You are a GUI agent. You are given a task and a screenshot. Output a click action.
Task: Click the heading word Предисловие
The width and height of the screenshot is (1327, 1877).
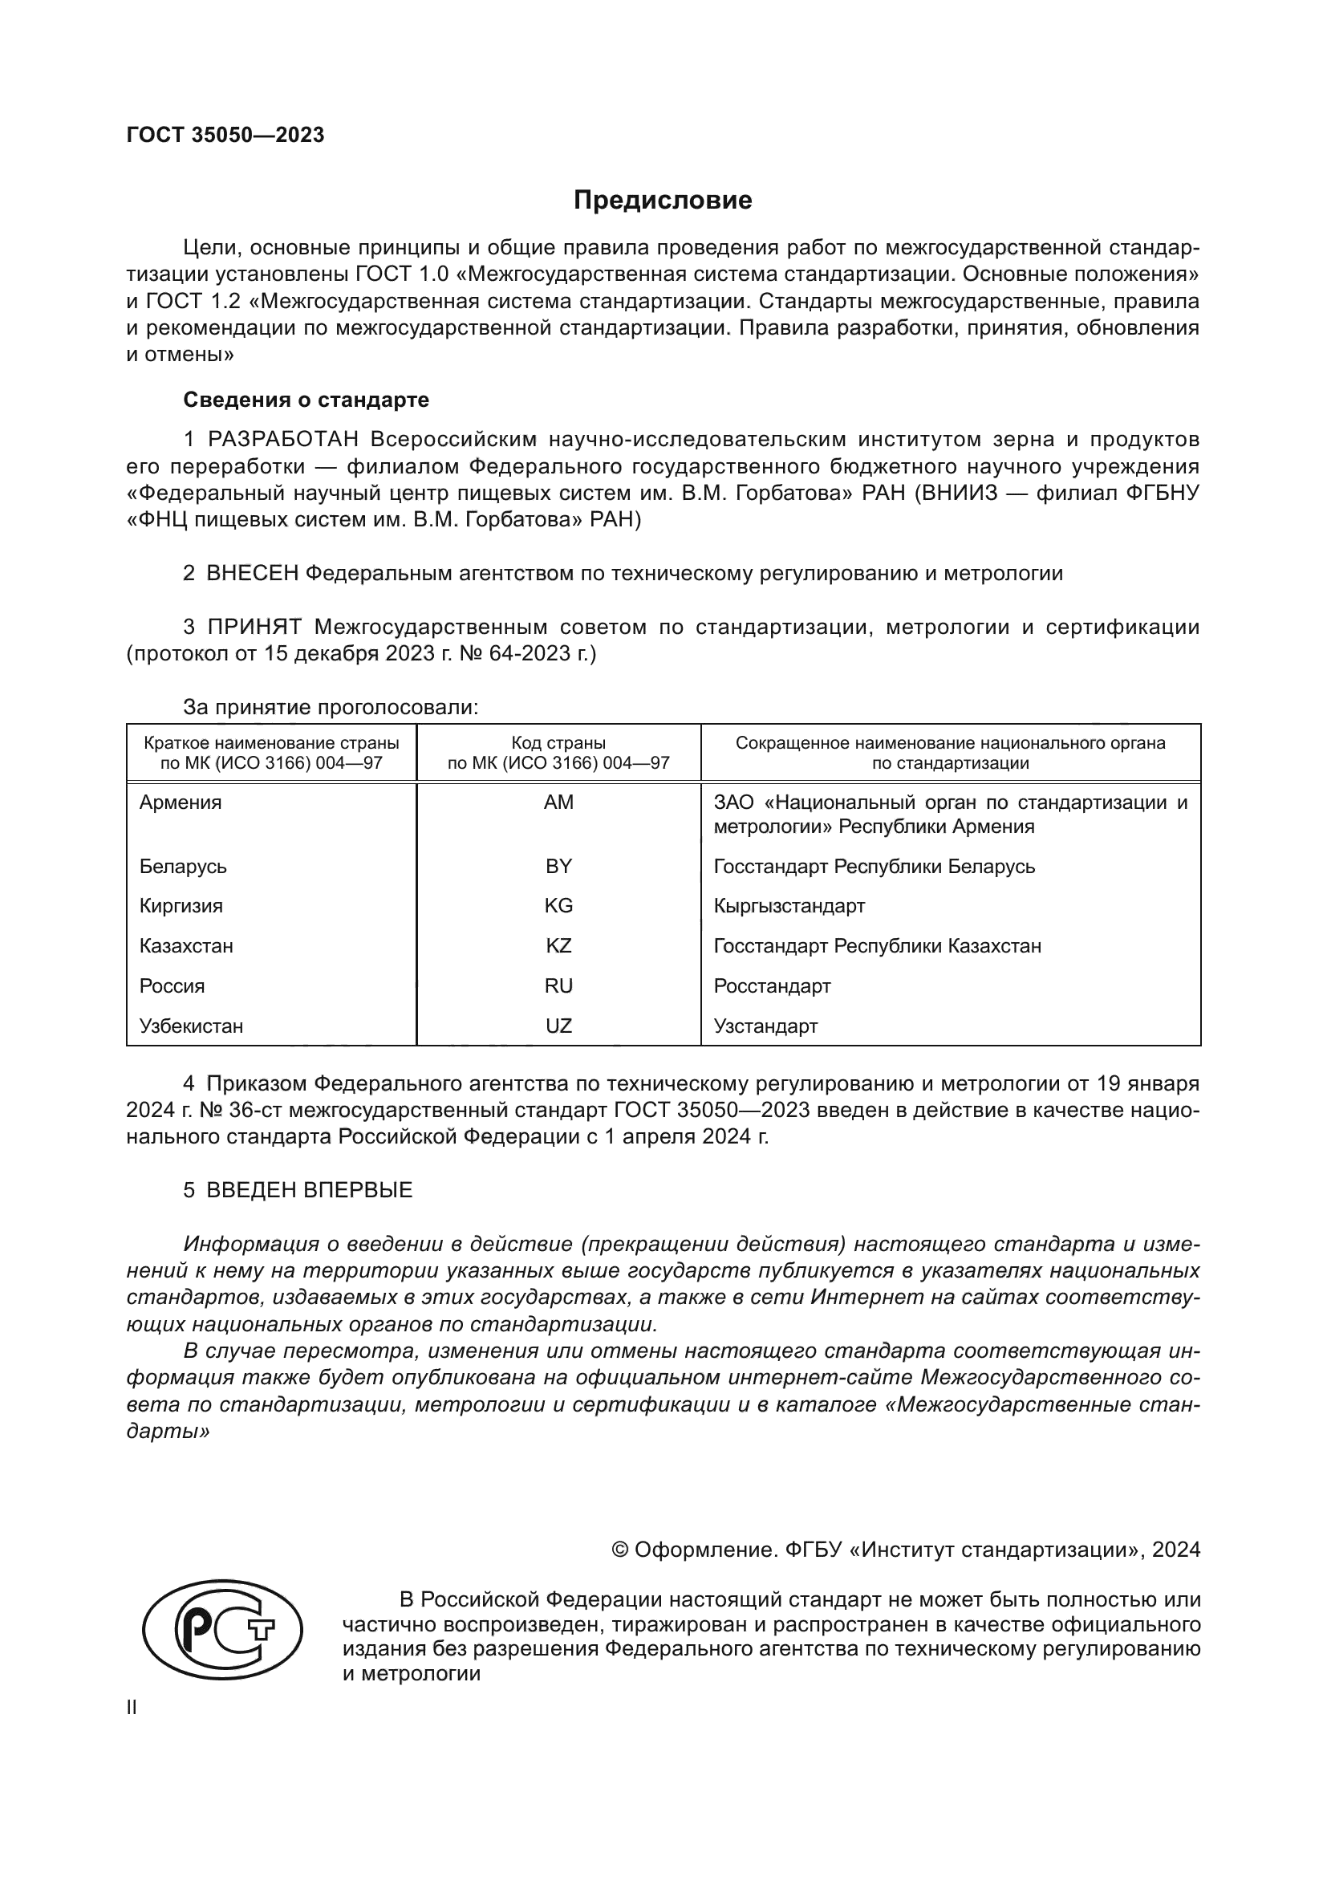tap(662, 201)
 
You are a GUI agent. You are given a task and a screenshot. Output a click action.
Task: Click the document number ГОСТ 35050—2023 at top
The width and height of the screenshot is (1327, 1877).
tap(225, 135)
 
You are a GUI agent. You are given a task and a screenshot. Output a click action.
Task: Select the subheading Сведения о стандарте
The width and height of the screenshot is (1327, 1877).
tap(306, 400)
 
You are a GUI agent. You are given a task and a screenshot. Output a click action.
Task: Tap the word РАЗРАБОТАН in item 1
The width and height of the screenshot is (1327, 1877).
tap(282, 440)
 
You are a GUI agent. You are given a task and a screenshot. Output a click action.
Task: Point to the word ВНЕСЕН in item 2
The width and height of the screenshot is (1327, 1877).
tap(253, 573)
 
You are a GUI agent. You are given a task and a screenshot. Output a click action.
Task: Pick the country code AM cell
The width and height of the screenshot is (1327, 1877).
tap(559, 802)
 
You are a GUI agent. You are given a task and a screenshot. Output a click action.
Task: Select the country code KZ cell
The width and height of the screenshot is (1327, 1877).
tap(559, 946)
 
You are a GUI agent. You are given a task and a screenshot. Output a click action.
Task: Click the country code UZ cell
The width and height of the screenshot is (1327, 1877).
tap(559, 1026)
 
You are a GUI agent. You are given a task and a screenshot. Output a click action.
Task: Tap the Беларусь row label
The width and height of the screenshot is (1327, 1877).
tap(183, 867)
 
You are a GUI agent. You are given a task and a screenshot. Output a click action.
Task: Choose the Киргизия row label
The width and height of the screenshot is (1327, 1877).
tap(181, 906)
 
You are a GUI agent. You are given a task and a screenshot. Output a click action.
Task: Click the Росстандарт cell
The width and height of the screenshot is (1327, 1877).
tap(772, 986)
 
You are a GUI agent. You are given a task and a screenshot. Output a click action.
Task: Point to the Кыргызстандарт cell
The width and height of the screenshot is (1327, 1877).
tap(789, 906)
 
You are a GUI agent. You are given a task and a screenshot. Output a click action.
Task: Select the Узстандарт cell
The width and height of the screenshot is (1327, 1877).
tap(765, 1026)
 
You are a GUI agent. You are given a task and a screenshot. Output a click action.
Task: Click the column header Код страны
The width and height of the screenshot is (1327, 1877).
tap(559, 743)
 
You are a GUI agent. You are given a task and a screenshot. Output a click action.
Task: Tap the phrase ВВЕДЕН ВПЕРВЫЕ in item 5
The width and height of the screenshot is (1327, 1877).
tap(309, 1190)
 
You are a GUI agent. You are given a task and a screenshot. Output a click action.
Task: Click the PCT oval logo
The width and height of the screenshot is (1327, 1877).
tap(222, 1630)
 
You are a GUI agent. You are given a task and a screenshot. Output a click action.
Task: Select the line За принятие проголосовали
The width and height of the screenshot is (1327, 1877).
tap(330, 707)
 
